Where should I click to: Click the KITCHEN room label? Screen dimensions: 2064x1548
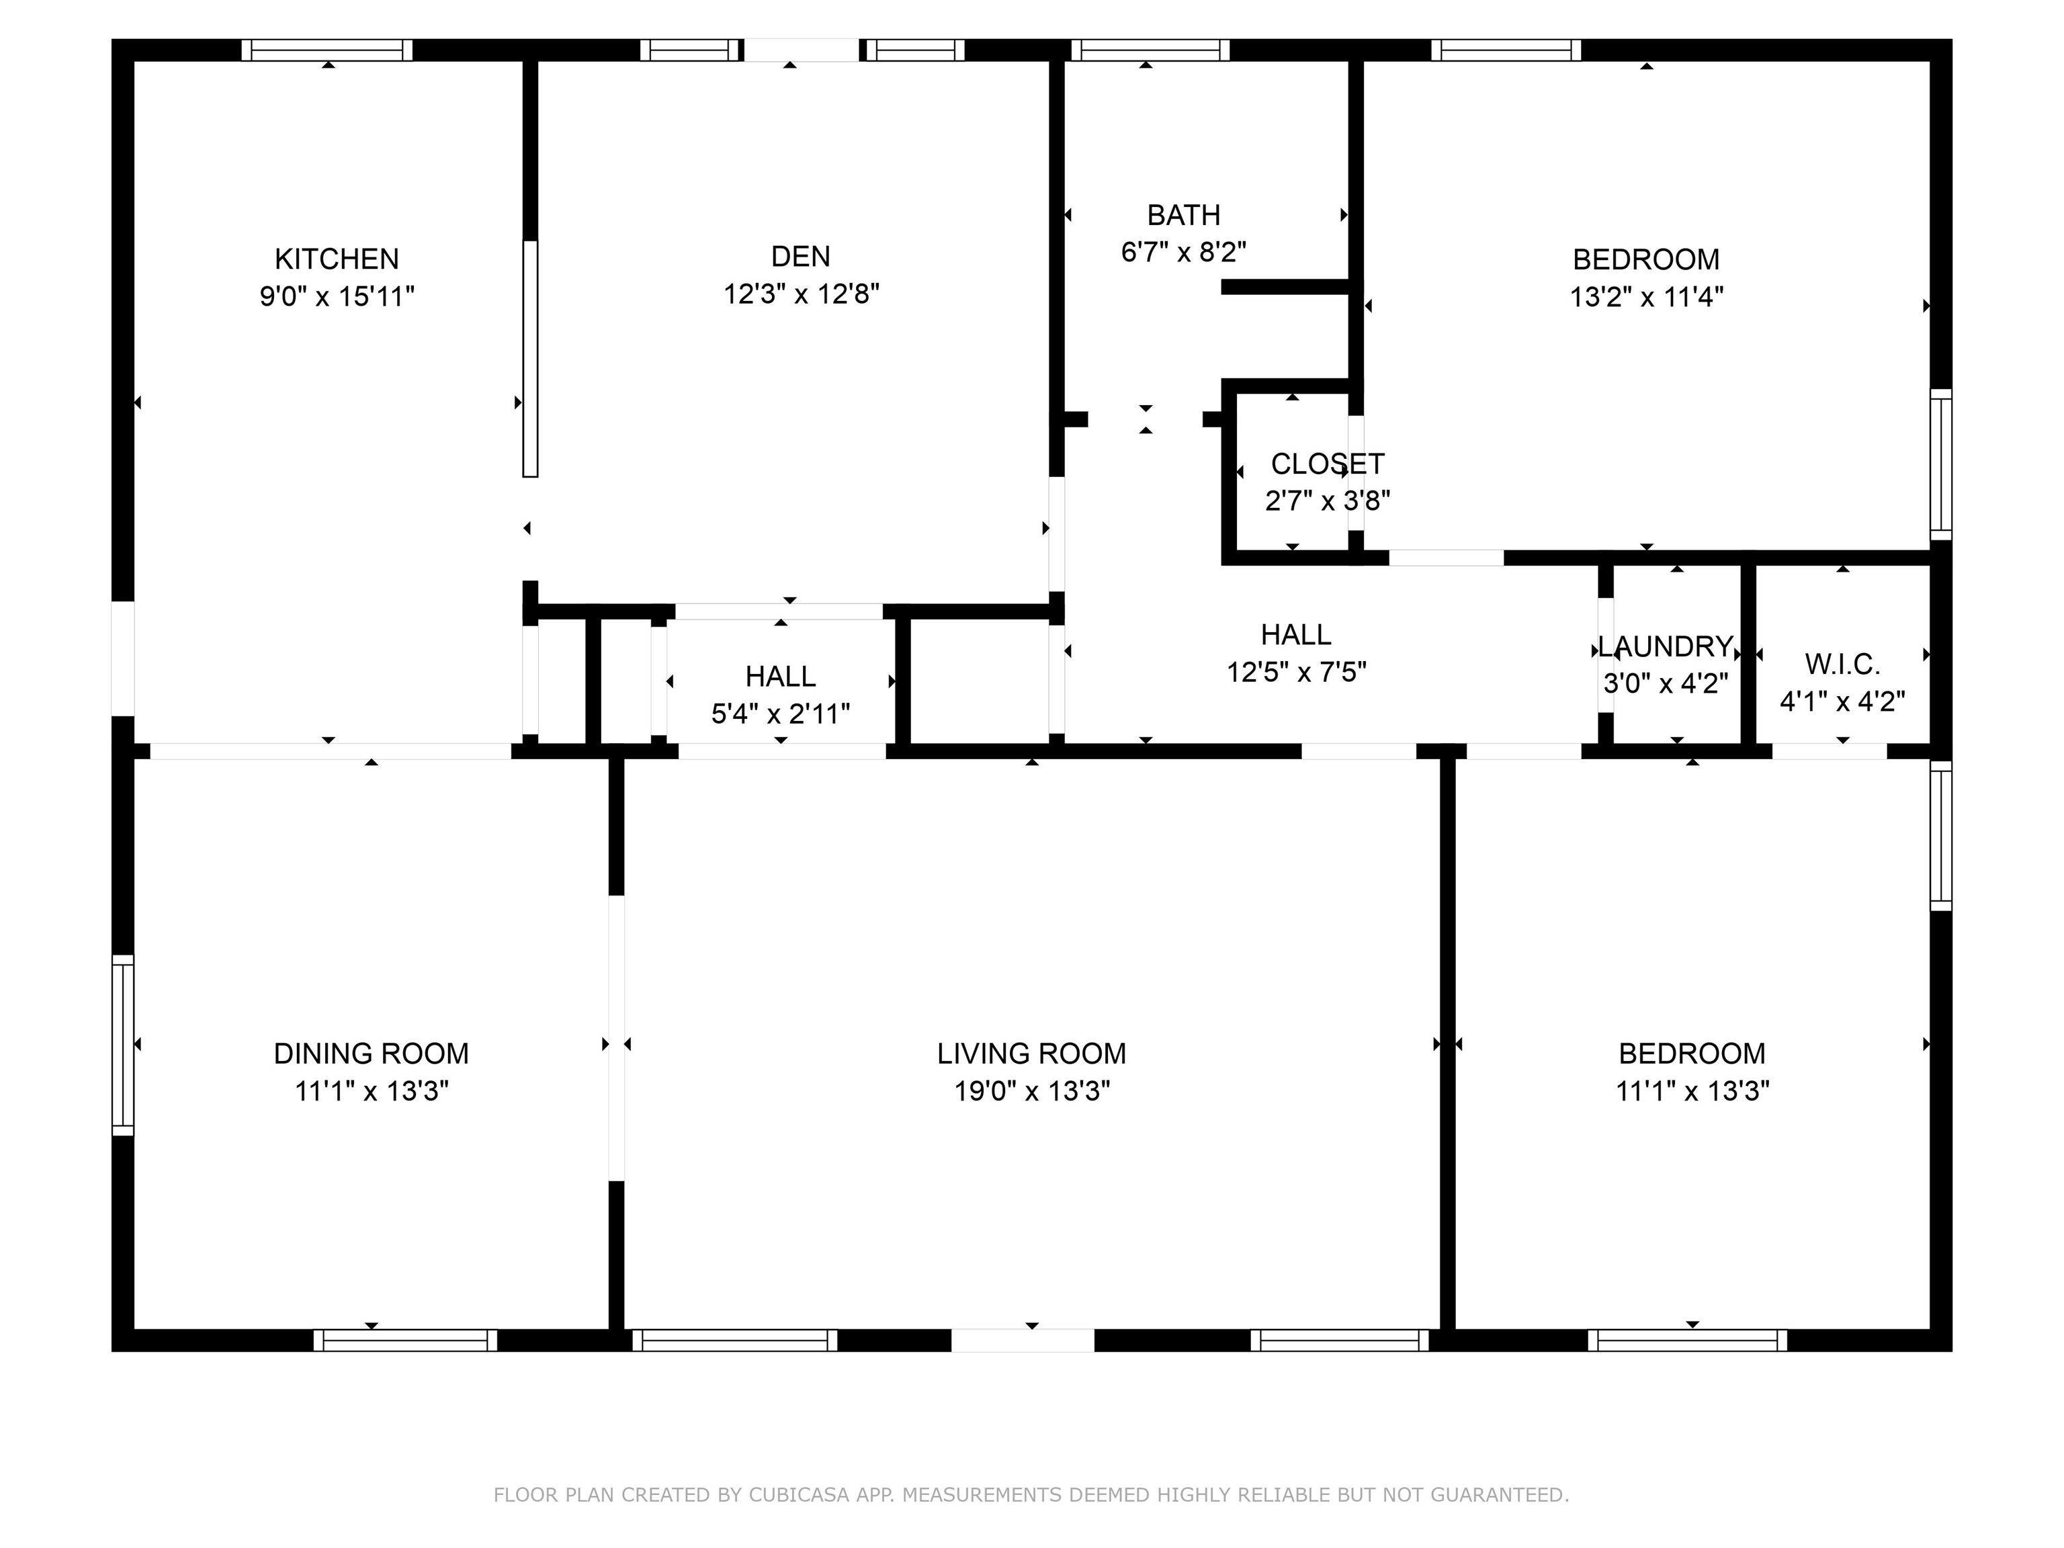337,259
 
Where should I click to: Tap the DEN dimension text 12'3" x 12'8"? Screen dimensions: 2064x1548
802,294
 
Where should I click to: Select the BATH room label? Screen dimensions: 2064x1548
1183,216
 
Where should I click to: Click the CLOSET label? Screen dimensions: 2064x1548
1327,464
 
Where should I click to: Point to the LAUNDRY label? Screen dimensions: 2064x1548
1666,646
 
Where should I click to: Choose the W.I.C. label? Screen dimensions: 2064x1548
1842,664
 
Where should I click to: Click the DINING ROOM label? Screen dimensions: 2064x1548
372,1053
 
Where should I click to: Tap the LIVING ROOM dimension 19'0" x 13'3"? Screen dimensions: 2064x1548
1032,1090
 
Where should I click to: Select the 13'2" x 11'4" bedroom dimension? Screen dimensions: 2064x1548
1646,297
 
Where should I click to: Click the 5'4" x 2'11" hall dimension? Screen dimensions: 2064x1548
781,714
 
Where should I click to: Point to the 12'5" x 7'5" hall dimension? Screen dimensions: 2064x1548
1296,672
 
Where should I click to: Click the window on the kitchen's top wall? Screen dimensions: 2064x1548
327,50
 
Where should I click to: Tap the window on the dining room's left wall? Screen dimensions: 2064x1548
123,1045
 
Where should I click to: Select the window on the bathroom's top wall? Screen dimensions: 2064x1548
1150,50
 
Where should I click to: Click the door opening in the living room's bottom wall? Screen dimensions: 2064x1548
1023,1340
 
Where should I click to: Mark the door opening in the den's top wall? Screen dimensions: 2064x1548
802,50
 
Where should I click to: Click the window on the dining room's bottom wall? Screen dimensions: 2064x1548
405,1340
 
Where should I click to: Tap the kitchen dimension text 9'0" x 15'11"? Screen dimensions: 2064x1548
337,297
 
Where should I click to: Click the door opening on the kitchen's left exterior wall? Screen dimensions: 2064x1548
123,658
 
